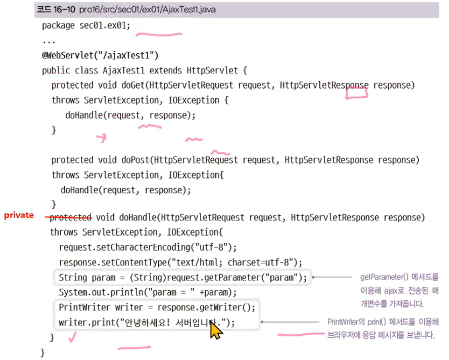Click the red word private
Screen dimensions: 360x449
click(19, 215)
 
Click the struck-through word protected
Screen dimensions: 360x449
click(70, 217)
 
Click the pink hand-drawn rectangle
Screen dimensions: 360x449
click(356, 93)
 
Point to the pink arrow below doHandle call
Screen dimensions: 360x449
click(101, 138)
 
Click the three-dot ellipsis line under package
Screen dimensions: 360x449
click(49, 41)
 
